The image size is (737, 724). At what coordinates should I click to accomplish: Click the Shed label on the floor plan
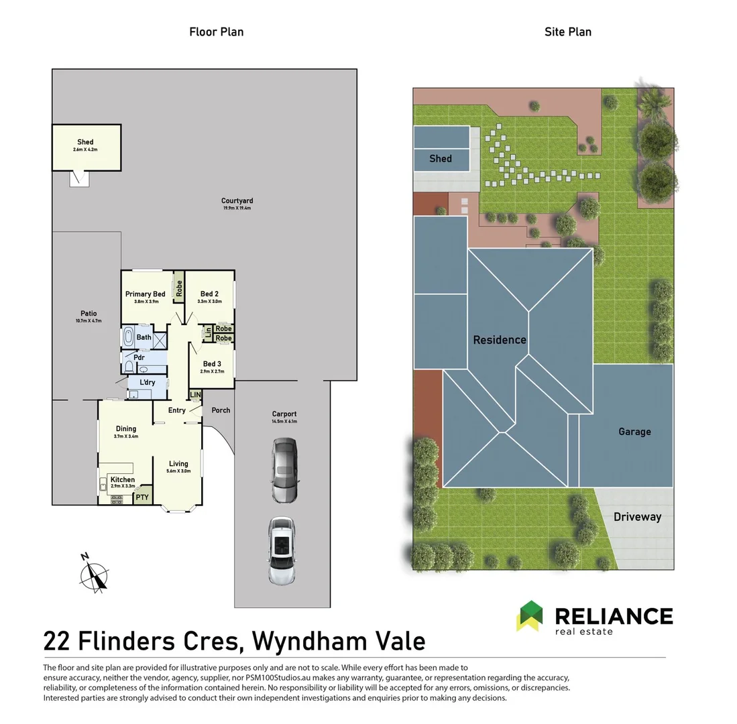(x=85, y=142)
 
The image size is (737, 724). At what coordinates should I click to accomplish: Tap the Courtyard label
(x=237, y=201)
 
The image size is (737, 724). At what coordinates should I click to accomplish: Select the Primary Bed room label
(x=145, y=294)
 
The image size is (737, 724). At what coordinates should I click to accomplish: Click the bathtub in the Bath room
(x=128, y=337)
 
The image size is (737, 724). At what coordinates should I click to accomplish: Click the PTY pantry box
(x=142, y=497)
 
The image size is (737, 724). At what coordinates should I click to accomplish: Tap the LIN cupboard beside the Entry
(x=195, y=396)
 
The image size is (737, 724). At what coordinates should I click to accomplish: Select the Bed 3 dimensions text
(x=212, y=371)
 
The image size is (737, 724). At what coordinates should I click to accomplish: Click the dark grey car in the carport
(x=284, y=471)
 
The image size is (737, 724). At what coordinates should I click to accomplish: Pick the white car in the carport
(x=281, y=550)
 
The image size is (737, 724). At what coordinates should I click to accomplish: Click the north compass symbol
(x=95, y=575)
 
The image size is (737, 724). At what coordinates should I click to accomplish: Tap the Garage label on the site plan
(x=634, y=432)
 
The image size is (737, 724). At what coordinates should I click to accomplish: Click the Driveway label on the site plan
(x=637, y=517)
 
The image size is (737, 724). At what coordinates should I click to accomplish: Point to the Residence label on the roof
(x=500, y=340)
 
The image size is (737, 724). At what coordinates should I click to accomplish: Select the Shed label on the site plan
(x=441, y=159)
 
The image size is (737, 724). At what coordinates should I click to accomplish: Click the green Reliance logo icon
(x=530, y=615)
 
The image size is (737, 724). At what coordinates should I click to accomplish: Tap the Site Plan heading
(x=567, y=32)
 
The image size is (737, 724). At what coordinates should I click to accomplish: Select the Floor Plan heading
(x=216, y=32)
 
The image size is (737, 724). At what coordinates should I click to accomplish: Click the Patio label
(x=89, y=314)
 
